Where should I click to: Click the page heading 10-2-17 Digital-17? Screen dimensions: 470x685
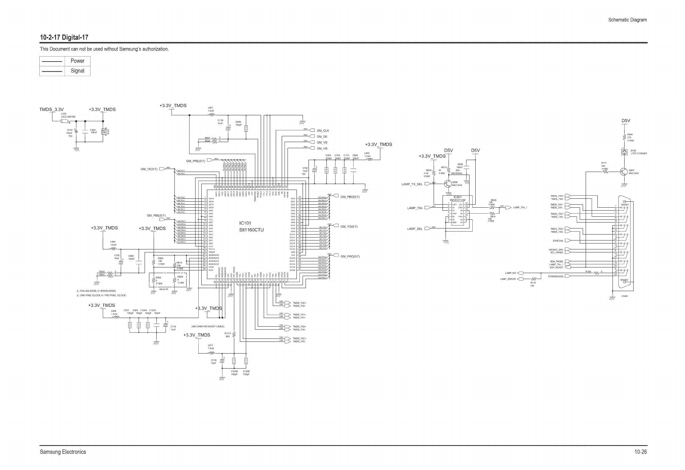(x=64, y=37)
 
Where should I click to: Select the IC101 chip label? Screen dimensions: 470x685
(x=245, y=223)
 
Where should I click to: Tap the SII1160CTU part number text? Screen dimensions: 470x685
(x=251, y=230)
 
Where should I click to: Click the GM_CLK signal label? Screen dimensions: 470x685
(x=323, y=131)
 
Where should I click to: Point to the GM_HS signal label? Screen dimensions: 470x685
(x=322, y=148)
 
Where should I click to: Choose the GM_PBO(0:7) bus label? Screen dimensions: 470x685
(x=350, y=197)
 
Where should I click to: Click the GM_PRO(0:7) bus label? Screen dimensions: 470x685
(x=350, y=256)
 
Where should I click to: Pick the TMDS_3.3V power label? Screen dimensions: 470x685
(x=52, y=109)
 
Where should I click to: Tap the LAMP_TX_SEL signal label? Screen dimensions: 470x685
(x=412, y=184)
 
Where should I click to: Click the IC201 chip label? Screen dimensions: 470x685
(x=457, y=197)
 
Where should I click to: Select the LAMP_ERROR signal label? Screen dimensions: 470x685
(x=508, y=279)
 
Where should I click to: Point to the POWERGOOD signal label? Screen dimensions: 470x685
(x=555, y=276)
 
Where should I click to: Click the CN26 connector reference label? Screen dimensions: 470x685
(x=625, y=296)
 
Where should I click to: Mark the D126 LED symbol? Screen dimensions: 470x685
(x=624, y=153)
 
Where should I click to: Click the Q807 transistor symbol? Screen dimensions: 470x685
(x=623, y=172)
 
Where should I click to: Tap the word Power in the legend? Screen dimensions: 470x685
(x=77, y=61)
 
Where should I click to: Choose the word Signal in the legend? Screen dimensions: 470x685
(x=77, y=71)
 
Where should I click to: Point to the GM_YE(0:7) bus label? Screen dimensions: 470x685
(x=149, y=169)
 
